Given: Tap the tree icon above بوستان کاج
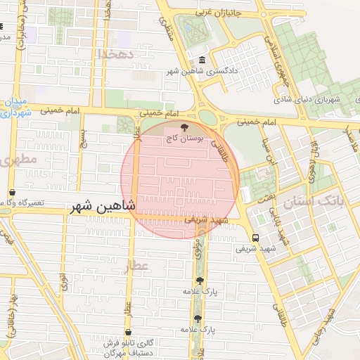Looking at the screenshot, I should point(184,128).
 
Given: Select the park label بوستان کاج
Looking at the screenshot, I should point(184,139).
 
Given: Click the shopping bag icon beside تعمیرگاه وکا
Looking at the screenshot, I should point(12,192).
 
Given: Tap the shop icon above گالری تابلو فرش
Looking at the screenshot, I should point(128,332).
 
